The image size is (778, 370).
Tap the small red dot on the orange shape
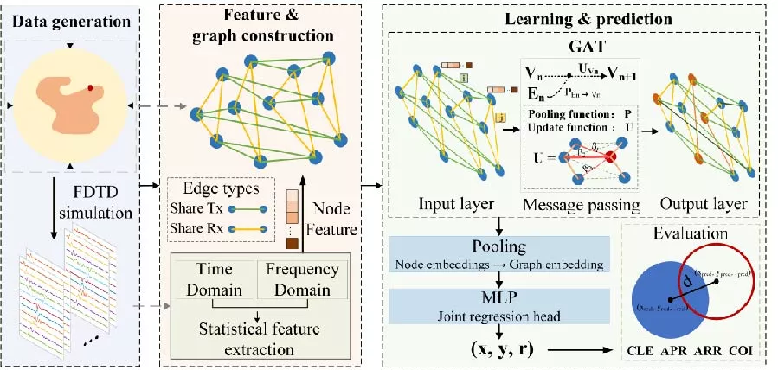click(x=91, y=88)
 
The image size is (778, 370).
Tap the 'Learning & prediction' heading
click(x=577, y=19)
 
